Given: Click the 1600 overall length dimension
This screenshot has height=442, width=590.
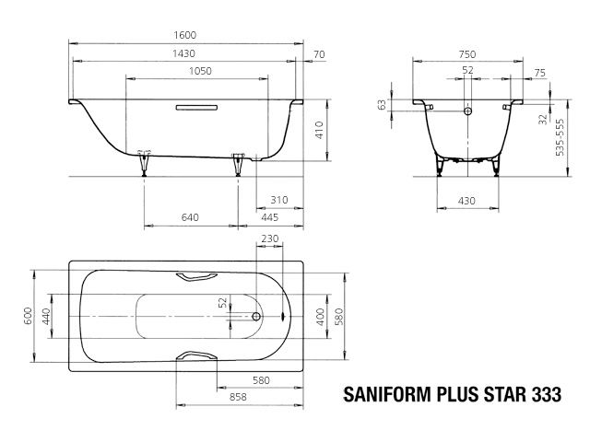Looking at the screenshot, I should [x=189, y=35].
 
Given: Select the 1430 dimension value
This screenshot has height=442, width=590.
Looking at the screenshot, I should [x=188, y=54].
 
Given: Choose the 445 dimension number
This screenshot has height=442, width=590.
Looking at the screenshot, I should [x=269, y=217].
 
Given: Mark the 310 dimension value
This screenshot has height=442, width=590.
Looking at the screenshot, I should [x=278, y=200].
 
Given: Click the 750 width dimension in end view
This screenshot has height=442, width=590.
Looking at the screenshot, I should [x=467, y=54].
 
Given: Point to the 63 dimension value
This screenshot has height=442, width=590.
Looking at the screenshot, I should [x=382, y=105].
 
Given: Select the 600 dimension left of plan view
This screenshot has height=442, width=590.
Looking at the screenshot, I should [x=29, y=317].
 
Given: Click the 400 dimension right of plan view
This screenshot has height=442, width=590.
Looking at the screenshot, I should [x=320, y=317].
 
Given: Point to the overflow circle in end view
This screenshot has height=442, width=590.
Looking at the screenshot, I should [x=467, y=112].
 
